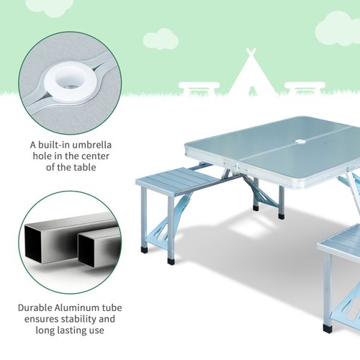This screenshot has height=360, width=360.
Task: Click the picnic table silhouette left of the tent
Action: (x=199, y=88)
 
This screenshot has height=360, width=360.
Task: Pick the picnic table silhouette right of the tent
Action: (x=305, y=87)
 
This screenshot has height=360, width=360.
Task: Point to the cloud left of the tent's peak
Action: (x=160, y=39)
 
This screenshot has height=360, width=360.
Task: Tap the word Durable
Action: (x=32, y=307)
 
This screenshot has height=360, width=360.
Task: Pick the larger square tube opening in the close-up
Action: (x=43, y=246)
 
